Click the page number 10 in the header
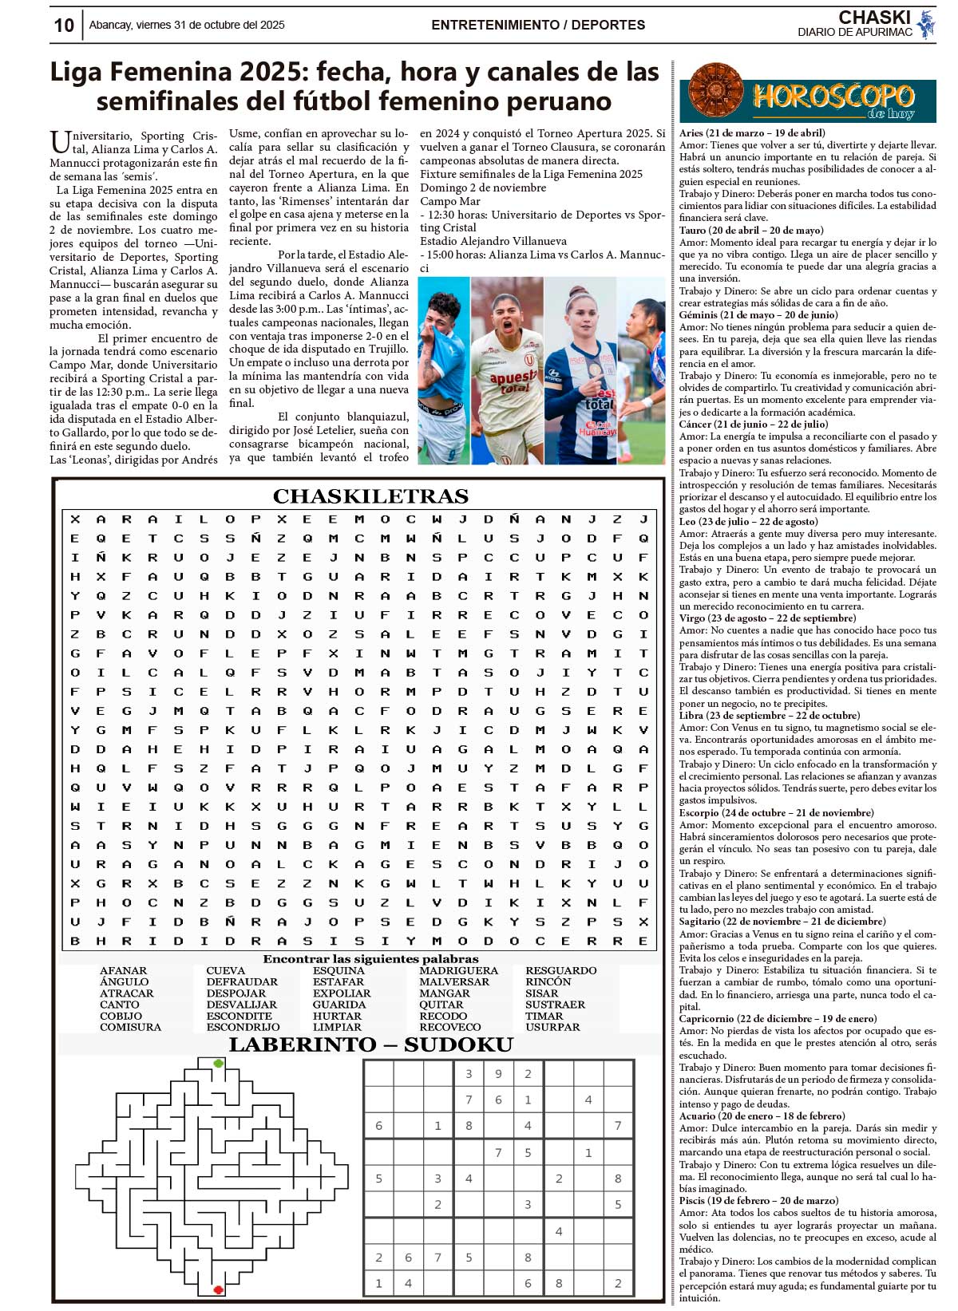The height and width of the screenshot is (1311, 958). (64, 26)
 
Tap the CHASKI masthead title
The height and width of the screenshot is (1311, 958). (874, 18)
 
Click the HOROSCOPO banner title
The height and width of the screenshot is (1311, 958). (833, 97)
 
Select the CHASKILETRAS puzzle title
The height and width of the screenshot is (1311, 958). (370, 496)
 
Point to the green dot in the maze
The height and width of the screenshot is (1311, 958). (218, 1064)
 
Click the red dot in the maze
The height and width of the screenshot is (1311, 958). (218, 1289)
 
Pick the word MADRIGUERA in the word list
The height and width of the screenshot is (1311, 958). (458, 971)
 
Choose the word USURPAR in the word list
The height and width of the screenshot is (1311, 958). (552, 1028)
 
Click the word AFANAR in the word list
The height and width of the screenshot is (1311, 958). (123, 971)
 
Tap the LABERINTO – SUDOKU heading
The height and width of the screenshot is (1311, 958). (370, 1045)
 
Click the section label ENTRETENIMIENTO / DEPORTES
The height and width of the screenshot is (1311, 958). (538, 26)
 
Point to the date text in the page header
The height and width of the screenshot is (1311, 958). (187, 26)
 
